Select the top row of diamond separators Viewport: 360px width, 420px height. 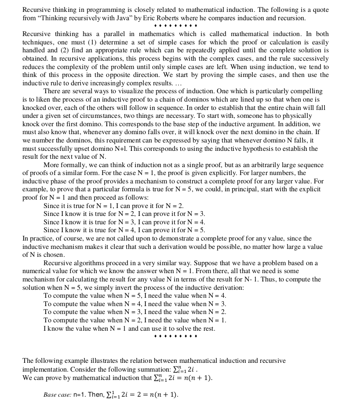(176, 26)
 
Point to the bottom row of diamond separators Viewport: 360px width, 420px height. (176, 336)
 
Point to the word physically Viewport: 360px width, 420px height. (298, 116)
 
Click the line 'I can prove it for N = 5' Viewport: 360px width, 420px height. (171, 230)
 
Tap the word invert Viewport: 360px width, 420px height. (122, 288)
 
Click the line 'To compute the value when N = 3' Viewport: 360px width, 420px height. (135, 312)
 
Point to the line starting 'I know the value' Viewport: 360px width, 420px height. (129, 329)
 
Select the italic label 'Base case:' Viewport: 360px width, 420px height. (57, 395)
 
